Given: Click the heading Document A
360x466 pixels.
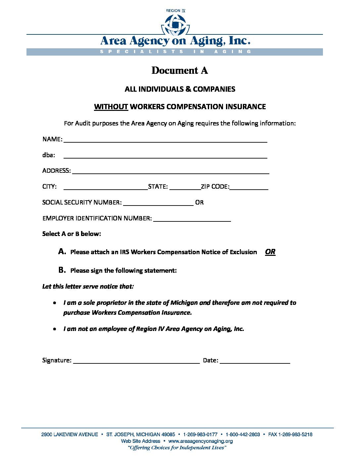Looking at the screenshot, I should tap(180, 70).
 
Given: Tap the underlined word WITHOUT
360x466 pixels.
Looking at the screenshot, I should tap(111, 107).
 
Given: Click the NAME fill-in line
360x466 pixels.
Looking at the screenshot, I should tap(165, 140).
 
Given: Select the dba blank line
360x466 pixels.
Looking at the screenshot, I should tap(165, 156).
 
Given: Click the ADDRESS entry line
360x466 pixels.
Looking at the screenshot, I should tap(170, 171).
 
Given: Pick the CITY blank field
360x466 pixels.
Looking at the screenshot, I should tap(105, 187).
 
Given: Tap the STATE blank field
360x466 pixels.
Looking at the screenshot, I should tap(185, 187).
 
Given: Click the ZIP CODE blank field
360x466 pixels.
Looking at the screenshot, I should tap(248, 187).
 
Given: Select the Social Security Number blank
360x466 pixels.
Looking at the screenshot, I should tap(158, 203).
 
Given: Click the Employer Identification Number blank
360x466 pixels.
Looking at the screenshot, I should tap(192, 219).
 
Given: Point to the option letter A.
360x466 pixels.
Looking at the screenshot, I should tap(62, 252).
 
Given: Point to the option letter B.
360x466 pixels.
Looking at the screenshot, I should tap(62, 270).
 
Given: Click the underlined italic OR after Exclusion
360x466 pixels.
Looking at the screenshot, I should tap(270, 252).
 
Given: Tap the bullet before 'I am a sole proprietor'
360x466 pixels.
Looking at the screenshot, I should tap(55, 303).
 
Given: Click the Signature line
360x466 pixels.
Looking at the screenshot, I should tap(136, 361).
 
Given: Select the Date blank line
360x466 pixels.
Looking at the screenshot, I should tap(255, 361).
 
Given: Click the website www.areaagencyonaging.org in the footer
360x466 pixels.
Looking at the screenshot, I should tap(201, 441).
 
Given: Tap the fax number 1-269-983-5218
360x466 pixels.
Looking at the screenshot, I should tap(296, 435).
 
